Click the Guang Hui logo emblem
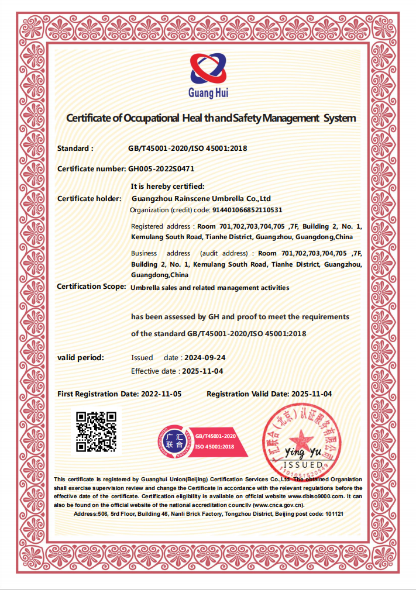coord(208,69)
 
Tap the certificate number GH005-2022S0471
coord(161,168)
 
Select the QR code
coord(97,432)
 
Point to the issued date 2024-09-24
coord(205,357)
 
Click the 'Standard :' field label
coord(75,149)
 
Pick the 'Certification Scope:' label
coord(91,287)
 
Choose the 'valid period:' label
coord(80,357)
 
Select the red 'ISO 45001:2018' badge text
coord(214,446)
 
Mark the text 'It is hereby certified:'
coord(167,187)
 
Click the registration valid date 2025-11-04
coord(311,394)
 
